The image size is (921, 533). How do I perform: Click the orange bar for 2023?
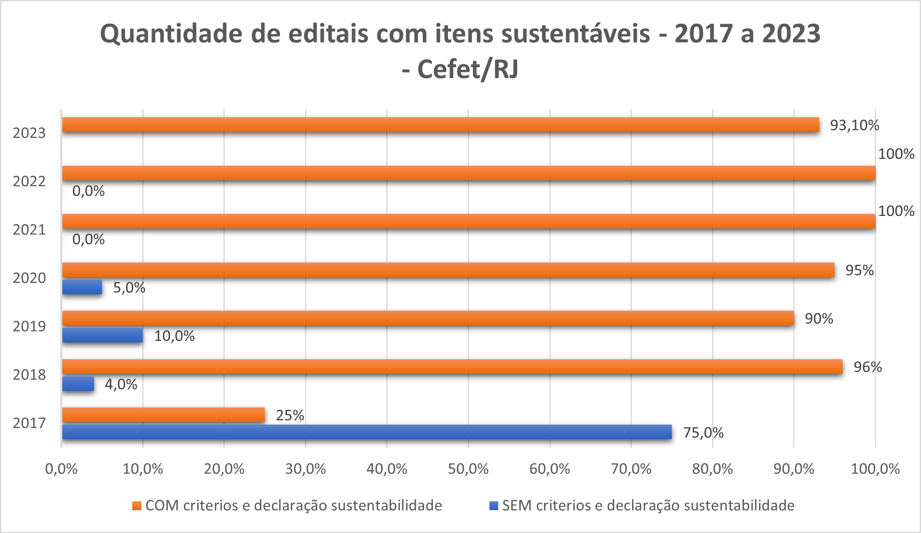(x=440, y=124)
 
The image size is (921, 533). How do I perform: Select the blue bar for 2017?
(x=366, y=432)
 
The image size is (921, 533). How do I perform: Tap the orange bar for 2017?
(x=163, y=415)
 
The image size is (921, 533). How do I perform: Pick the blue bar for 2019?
(x=102, y=335)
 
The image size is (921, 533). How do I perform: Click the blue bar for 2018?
(x=78, y=384)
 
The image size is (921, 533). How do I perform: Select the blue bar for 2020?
(x=82, y=287)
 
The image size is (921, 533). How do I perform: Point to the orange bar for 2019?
(x=428, y=318)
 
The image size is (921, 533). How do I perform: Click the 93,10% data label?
(x=854, y=125)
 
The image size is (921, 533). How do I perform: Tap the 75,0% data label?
(x=703, y=433)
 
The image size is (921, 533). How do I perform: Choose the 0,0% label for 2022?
(x=88, y=191)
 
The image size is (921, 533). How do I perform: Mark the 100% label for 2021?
(x=896, y=211)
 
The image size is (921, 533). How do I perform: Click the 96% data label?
(x=867, y=367)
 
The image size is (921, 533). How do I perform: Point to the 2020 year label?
(x=29, y=278)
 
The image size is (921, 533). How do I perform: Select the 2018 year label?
(x=29, y=374)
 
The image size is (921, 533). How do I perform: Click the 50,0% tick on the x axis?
(x=468, y=469)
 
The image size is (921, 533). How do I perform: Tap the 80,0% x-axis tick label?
(x=712, y=469)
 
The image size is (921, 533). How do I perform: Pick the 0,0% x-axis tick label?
(x=61, y=469)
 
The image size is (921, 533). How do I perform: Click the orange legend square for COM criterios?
(x=137, y=506)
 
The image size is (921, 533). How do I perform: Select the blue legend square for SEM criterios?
(x=493, y=506)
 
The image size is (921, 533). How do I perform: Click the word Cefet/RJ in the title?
(x=468, y=69)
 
